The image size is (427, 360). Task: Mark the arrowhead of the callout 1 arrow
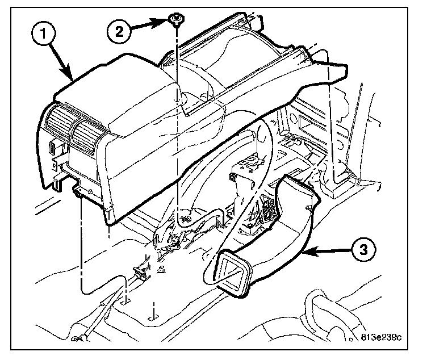pyautogui.click(x=72, y=77)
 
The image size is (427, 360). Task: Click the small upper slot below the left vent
pyautogui.click(x=52, y=149)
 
